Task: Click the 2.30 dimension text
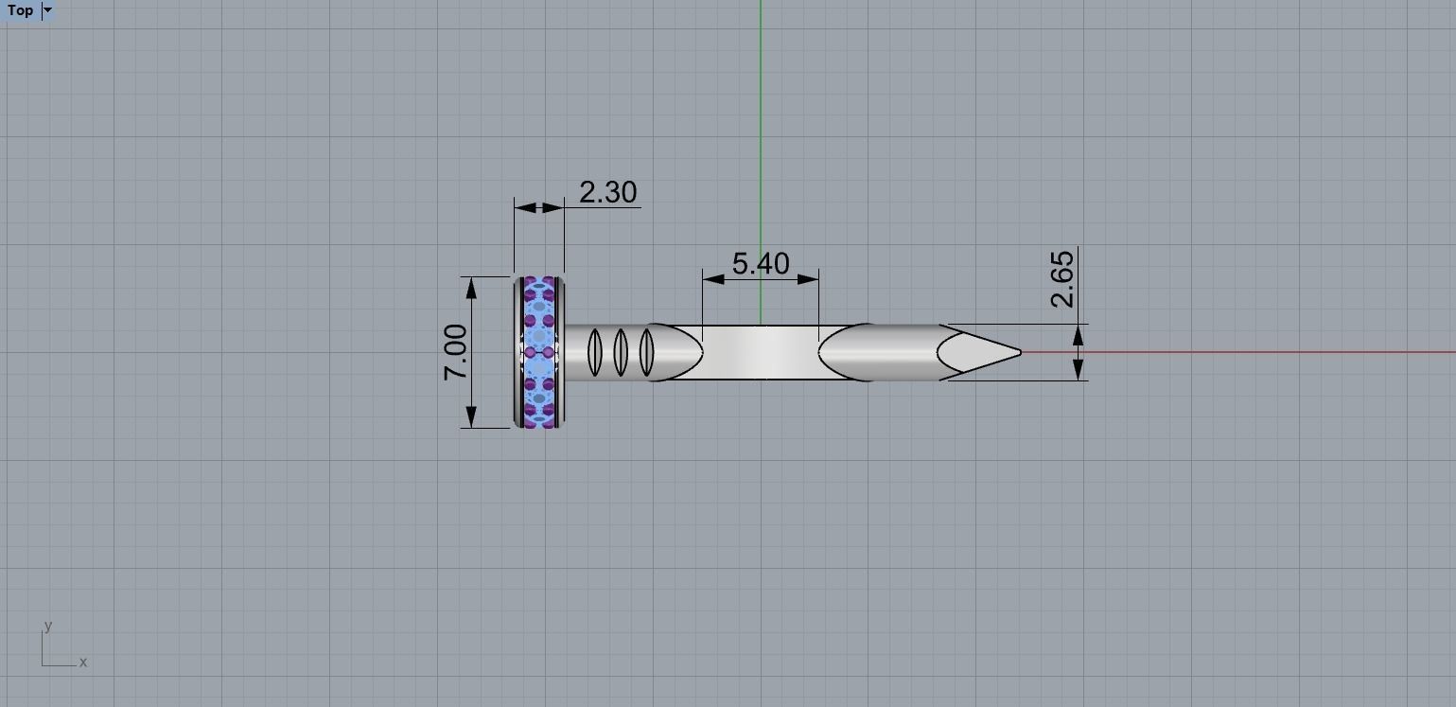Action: pos(607,192)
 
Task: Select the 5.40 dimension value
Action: pos(761,263)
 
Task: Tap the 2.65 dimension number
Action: pos(1062,278)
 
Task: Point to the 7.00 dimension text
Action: pos(456,352)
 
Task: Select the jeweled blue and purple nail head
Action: pos(539,352)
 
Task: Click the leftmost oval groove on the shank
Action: pos(594,351)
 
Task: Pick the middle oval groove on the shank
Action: pos(621,351)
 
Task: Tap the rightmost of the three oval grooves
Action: pos(646,351)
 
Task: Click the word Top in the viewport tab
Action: pos(20,10)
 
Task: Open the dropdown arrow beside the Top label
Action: pos(48,10)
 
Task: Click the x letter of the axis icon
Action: pos(83,663)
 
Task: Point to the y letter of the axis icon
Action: pos(47,626)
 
